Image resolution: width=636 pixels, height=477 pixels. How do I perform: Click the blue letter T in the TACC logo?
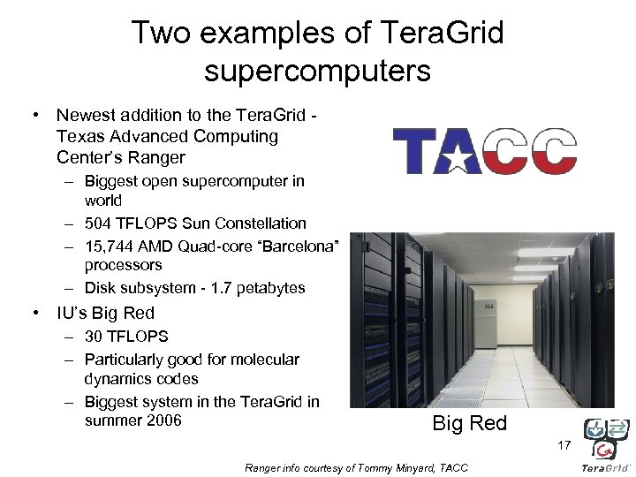413,150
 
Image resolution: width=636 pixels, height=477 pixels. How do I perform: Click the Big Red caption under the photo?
469,423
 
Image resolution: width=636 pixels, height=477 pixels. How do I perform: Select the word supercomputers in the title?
317,70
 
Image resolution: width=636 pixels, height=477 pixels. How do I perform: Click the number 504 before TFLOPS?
99,223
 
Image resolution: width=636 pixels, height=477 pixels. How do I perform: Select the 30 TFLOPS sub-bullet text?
125,336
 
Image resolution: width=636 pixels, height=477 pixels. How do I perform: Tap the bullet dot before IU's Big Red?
34,314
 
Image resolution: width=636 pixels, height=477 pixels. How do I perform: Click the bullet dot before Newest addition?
34,116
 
